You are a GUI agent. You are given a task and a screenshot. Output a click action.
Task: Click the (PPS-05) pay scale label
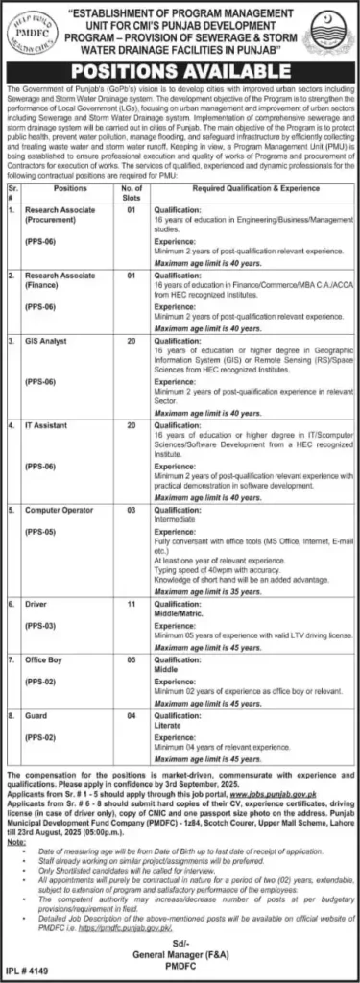(x=42, y=531)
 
